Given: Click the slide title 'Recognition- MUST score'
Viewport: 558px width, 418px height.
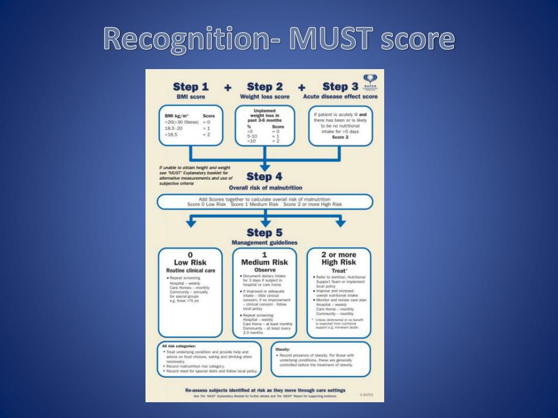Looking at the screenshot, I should (x=279, y=39).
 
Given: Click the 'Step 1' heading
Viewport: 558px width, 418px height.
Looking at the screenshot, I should (x=190, y=87).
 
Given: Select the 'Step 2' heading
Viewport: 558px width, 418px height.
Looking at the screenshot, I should (x=265, y=87).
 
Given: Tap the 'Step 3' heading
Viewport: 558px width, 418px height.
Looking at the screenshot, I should (x=340, y=87).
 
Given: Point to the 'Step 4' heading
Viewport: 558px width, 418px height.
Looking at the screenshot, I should (x=265, y=176).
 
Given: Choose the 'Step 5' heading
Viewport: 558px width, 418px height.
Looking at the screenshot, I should (x=265, y=233).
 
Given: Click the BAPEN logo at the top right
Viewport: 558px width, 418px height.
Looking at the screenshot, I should (x=370, y=81).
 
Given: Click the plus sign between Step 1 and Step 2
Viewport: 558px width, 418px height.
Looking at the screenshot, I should (x=227, y=87).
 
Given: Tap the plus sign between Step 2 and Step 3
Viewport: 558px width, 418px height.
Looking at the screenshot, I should (x=301, y=87).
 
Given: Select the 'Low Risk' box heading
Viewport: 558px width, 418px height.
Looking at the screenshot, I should (x=190, y=262).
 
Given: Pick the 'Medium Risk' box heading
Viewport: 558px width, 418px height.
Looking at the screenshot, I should (x=265, y=262).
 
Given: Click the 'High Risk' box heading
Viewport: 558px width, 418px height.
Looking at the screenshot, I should (x=339, y=262).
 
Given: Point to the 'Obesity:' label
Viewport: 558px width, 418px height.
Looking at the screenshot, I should (x=283, y=349).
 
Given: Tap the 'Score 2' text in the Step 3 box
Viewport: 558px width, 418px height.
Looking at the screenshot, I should (x=340, y=137).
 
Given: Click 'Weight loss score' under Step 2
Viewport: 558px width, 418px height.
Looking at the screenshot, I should (x=265, y=97).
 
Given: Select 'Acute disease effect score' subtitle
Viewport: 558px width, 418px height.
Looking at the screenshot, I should (x=340, y=97).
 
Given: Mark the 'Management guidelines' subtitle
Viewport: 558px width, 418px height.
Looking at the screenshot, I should (x=265, y=242).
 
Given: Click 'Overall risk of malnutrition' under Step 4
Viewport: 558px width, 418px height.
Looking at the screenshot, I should (x=265, y=188).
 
